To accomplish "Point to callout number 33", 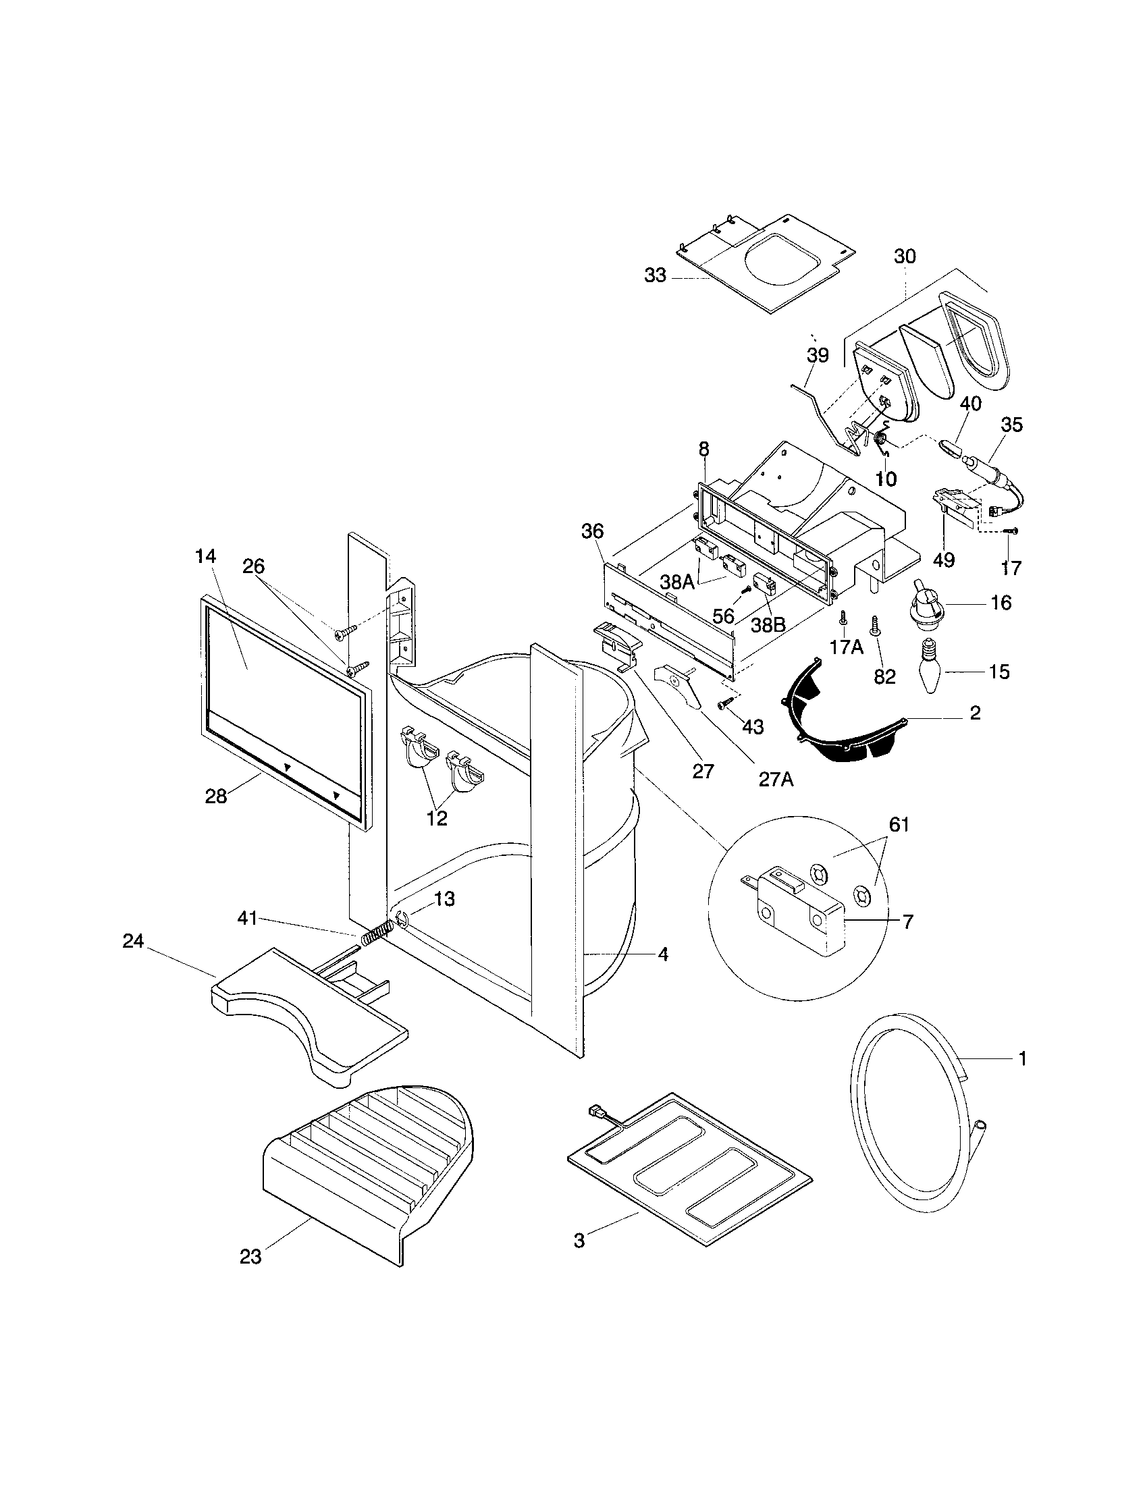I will click(656, 276).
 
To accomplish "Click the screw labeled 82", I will click(876, 625).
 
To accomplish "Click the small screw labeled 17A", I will click(843, 617).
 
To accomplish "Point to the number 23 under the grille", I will click(250, 1257).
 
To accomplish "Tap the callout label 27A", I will click(776, 779).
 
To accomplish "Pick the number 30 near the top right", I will click(904, 256).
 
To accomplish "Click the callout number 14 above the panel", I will click(205, 556).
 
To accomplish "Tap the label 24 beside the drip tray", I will click(132, 942).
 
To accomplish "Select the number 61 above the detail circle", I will click(899, 824).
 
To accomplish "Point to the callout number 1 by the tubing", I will click(1021, 1058).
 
